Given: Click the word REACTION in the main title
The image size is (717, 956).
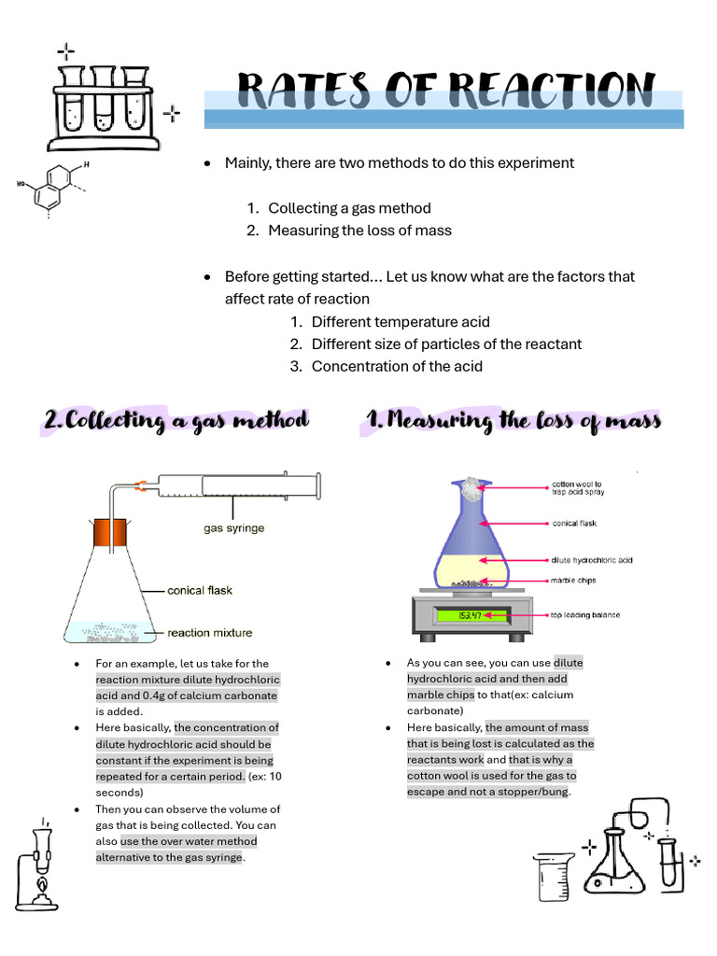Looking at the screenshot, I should point(552,91).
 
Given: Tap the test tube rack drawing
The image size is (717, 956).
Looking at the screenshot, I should point(104,107).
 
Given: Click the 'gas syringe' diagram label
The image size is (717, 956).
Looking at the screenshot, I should point(233,528).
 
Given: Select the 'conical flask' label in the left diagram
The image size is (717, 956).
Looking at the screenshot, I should point(200,590).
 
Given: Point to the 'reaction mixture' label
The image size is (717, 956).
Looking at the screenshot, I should point(209,633).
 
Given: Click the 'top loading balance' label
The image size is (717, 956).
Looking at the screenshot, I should point(584,615).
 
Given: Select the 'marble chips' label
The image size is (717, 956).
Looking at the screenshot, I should point(572,581).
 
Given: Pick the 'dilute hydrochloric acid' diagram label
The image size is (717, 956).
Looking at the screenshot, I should point(591,560).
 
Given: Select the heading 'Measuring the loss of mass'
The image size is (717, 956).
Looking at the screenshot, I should point(513,421).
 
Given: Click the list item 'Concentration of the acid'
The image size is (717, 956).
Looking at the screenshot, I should point(397,366).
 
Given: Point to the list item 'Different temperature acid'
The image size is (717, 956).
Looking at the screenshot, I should point(401,321).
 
